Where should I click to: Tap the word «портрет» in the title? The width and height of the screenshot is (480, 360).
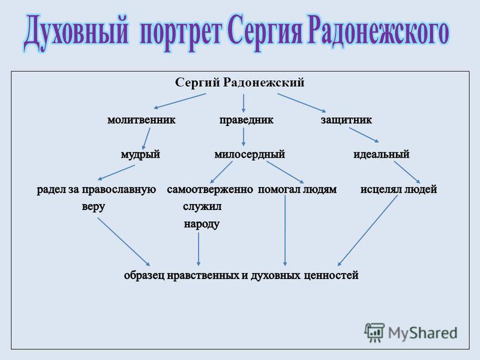(x=180, y=33)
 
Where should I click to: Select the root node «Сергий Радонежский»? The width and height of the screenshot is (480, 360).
(x=239, y=83)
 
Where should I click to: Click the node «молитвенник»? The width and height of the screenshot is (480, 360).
(x=142, y=120)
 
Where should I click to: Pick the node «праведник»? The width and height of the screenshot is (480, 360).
(x=247, y=120)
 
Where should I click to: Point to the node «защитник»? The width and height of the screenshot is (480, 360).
(x=346, y=120)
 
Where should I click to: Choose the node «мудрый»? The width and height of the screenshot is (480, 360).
(x=140, y=155)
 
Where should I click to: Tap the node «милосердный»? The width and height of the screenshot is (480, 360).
(x=250, y=155)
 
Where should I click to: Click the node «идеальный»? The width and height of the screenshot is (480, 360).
(x=382, y=154)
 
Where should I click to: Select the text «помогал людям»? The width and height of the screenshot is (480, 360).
(x=297, y=190)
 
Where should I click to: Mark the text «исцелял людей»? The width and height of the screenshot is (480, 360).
(x=398, y=190)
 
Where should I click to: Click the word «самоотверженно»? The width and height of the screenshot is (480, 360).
(x=210, y=190)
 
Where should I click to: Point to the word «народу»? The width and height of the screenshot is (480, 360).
(x=202, y=224)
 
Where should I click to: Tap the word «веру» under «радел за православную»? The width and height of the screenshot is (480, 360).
(x=94, y=207)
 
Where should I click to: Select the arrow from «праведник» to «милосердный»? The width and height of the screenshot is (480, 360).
(x=244, y=137)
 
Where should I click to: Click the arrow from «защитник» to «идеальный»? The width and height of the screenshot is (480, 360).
(x=364, y=135)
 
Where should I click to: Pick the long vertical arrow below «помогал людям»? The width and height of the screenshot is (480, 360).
(x=285, y=230)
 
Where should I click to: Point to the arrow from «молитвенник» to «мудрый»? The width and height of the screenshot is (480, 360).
(x=146, y=139)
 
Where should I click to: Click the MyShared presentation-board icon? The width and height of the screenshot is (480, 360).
(x=374, y=332)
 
